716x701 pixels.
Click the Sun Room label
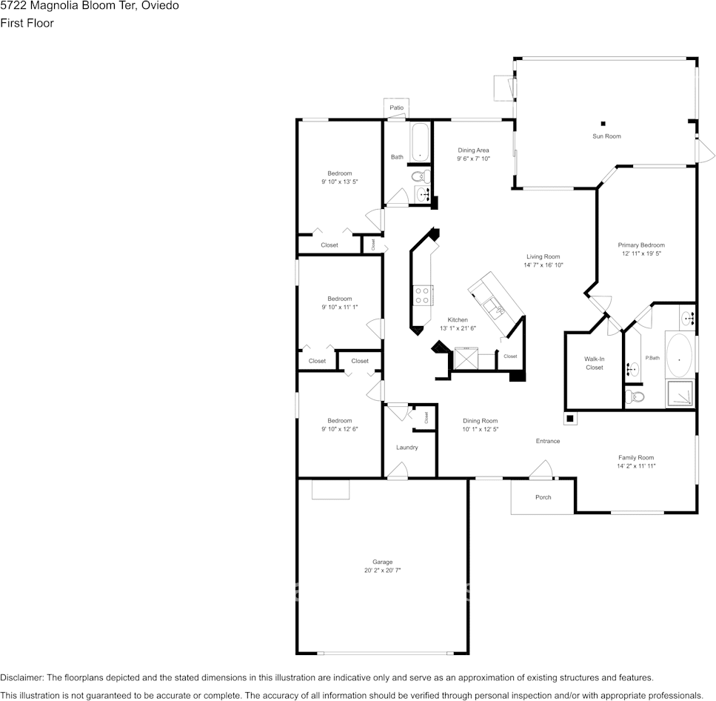point(606,136)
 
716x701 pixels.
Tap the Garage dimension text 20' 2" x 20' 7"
point(382,571)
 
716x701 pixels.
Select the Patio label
point(397,108)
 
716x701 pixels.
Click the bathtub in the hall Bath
point(420,142)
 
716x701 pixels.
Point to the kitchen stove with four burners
point(422,296)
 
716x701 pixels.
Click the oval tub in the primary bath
point(680,356)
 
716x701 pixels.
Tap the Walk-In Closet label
point(594,363)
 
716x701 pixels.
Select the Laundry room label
point(406,448)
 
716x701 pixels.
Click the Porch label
point(543,497)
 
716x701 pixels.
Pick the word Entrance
point(548,442)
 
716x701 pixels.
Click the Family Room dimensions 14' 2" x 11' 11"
point(636,466)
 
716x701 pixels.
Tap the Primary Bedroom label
point(641,245)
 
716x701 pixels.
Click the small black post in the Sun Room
point(603,123)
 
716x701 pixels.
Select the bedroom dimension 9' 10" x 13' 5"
point(340,182)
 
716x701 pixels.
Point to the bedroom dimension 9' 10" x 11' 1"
point(340,307)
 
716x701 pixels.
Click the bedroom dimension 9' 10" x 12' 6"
point(340,429)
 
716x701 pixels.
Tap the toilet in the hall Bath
point(419,176)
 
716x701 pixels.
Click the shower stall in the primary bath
point(680,393)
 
